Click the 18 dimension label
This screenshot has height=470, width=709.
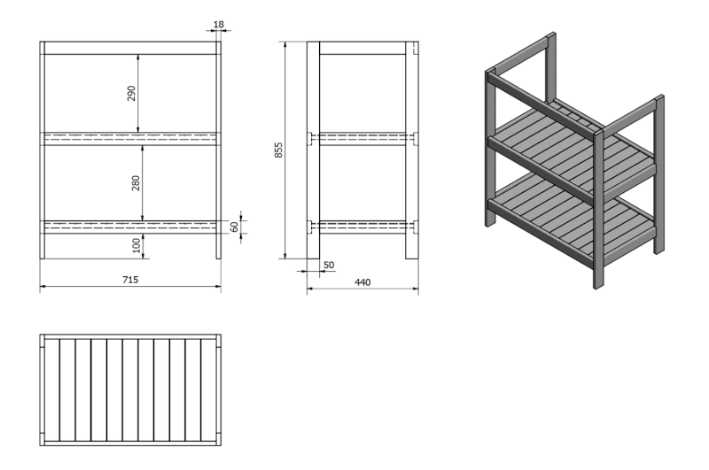pyautogui.click(x=218, y=25)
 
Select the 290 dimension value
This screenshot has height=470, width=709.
pyautogui.click(x=131, y=93)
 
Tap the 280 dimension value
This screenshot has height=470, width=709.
pyautogui.click(x=136, y=183)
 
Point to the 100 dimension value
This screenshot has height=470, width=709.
pyautogui.click(x=136, y=245)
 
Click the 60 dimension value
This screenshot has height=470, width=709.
pyautogui.click(x=234, y=227)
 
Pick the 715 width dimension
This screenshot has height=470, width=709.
pyautogui.click(x=130, y=280)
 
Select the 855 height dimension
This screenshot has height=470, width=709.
pyautogui.click(x=278, y=150)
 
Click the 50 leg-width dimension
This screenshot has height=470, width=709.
pyautogui.click(x=329, y=265)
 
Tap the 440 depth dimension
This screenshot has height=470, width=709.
pyautogui.click(x=362, y=282)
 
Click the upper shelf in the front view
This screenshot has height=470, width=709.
pyautogui.click(x=130, y=139)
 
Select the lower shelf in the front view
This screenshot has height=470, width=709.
pyautogui.click(x=130, y=227)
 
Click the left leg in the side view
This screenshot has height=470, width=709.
pyautogui.click(x=314, y=150)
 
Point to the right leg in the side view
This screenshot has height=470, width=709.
pyautogui.click(x=412, y=150)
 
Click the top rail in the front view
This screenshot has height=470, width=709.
pyautogui.click(x=130, y=48)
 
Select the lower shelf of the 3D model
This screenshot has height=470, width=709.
pyautogui.click(x=572, y=216)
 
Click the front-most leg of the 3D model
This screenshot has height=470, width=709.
pyautogui.click(x=598, y=209)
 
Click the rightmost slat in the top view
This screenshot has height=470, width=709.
pyautogui.click(x=208, y=390)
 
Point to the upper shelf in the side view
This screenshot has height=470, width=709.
pyautogui.click(x=362, y=139)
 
